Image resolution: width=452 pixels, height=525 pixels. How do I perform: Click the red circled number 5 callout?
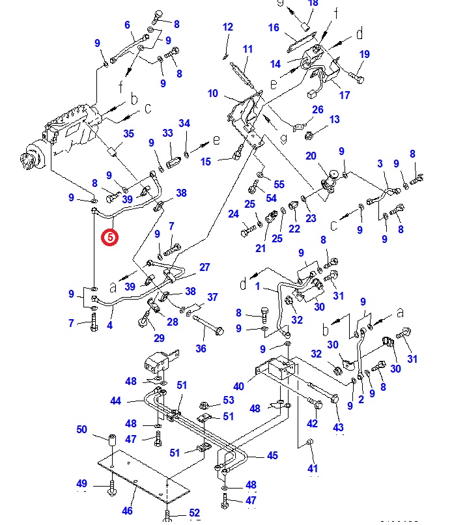[x=110, y=237]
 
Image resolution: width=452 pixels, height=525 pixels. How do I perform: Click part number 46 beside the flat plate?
[x=128, y=511]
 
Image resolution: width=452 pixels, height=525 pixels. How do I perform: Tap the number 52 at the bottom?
[x=195, y=513]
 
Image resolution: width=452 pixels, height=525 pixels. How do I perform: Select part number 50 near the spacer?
[x=82, y=429]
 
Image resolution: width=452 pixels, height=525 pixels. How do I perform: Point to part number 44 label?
[x=116, y=401]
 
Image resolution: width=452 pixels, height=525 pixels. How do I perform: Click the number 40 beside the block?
[x=239, y=386]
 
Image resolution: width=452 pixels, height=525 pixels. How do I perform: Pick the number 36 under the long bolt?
[x=201, y=348]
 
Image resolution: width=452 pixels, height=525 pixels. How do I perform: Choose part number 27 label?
[x=205, y=267]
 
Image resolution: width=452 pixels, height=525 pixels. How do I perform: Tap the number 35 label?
[x=128, y=134]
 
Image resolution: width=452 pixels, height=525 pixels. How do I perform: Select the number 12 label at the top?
[x=227, y=27]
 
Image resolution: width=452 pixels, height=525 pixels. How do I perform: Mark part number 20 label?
[x=311, y=156]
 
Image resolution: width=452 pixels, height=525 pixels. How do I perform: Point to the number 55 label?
[x=279, y=185]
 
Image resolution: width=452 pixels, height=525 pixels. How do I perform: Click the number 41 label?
[x=313, y=468]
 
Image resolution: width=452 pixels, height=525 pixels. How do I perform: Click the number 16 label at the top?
[x=274, y=27]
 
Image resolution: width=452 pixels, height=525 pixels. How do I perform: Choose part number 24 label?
[x=234, y=214]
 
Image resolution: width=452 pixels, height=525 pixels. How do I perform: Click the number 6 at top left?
[x=128, y=25]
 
